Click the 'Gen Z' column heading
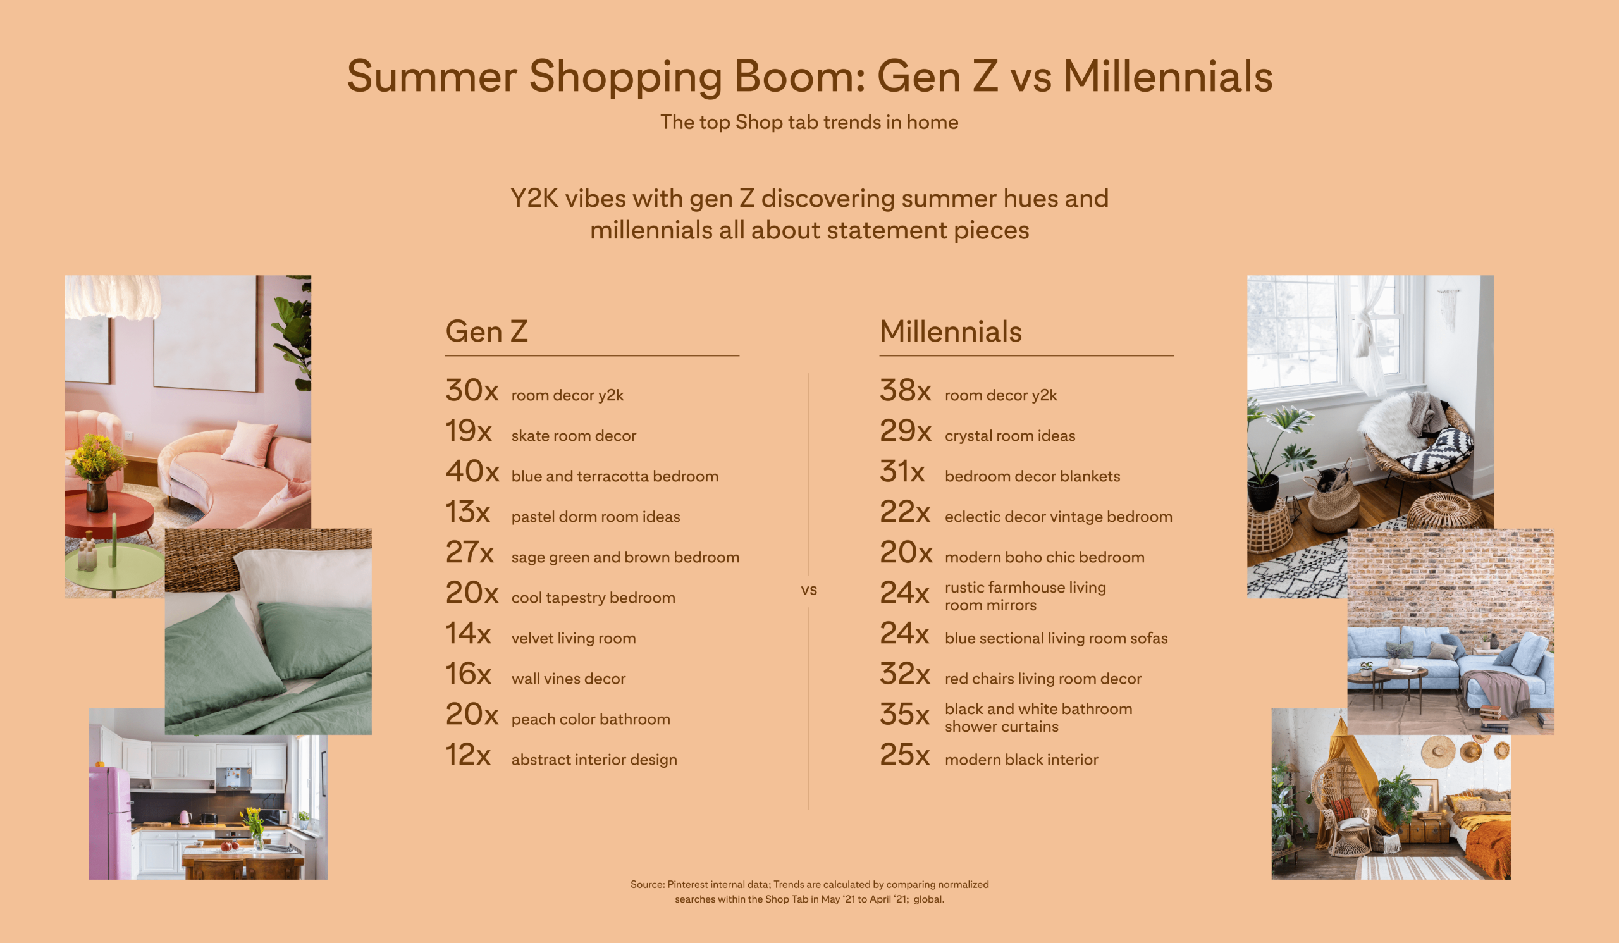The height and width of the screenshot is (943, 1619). click(x=486, y=331)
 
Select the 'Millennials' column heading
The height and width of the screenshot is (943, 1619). click(x=950, y=331)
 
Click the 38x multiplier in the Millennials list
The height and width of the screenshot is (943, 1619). click(x=905, y=390)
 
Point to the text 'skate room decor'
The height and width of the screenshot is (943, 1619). click(x=574, y=436)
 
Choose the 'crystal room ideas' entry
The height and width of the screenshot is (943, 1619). click(x=1010, y=436)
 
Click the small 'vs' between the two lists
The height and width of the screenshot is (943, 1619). click(x=809, y=589)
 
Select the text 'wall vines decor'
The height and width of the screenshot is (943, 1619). click(x=569, y=679)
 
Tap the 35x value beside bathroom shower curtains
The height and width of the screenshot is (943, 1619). click(x=904, y=713)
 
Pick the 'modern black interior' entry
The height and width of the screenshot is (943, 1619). click(x=1021, y=760)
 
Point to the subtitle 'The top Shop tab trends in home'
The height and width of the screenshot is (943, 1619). click(x=809, y=122)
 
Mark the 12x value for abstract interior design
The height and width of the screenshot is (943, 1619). click(x=468, y=754)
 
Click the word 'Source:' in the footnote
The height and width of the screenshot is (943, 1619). click(x=648, y=885)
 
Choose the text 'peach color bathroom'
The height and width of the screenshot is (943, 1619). click(x=591, y=719)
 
